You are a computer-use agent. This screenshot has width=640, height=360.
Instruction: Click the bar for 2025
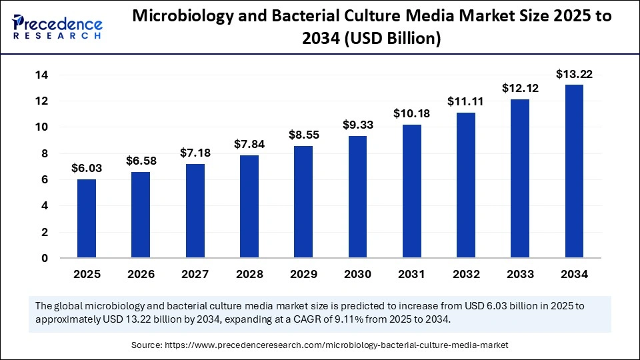(86, 219)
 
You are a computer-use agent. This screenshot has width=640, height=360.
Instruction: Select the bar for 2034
(574, 171)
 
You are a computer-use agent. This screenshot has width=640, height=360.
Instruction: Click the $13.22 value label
(574, 73)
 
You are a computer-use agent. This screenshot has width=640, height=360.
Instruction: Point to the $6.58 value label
(140, 161)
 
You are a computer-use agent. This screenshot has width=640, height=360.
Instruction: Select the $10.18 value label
(411, 113)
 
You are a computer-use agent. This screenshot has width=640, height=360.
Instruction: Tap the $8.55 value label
(303, 135)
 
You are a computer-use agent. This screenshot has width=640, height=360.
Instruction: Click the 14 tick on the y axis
(41, 75)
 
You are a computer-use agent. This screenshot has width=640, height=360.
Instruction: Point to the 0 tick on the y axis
(45, 258)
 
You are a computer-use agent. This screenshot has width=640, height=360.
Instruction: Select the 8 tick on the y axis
(45, 153)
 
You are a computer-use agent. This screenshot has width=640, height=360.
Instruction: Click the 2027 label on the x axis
(195, 274)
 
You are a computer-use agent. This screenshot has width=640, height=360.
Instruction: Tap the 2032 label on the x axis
(465, 274)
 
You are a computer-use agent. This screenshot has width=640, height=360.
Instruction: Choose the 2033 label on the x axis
(520, 274)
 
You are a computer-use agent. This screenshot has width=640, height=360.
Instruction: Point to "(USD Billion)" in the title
(387, 40)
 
